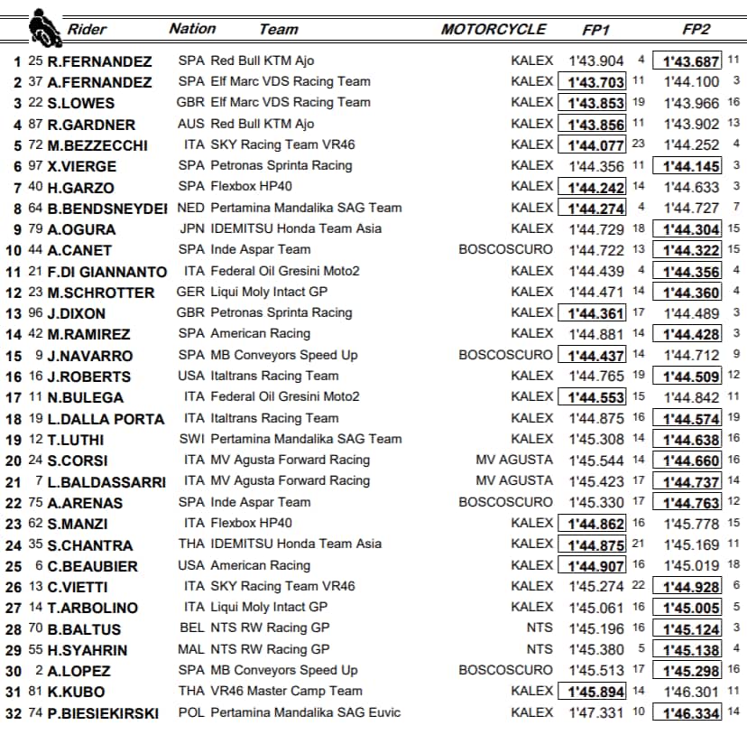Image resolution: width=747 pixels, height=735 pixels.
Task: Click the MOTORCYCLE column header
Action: [493, 29]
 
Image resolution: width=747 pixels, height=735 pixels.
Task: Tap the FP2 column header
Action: [696, 29]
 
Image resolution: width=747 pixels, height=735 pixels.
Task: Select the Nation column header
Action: [192, 29]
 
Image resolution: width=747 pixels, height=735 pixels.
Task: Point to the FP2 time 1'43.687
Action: [690, 61]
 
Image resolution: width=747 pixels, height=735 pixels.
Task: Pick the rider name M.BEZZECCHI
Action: [97, 145]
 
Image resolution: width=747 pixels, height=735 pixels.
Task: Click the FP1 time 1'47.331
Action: [596, 712]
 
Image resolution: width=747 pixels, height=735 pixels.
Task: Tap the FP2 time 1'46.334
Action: [690, 712]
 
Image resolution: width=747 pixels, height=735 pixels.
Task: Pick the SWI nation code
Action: [191, 439]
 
